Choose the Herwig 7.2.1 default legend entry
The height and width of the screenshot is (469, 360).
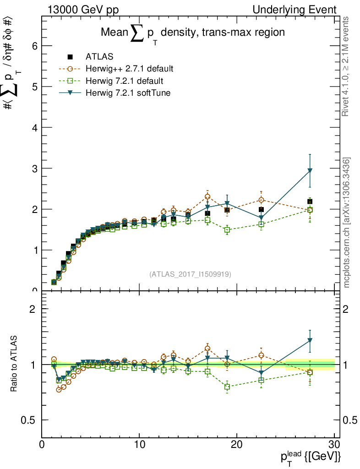tap(124, 81)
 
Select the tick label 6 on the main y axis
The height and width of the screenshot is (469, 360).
tap(34, 46)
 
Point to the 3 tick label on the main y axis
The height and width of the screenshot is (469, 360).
tap(34, 168)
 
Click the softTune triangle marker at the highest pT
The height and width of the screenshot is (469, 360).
tap(310, 171)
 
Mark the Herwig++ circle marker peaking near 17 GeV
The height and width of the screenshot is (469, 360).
tap(207, 196)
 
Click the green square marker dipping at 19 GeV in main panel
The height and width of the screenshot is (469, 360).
tap(227, 230)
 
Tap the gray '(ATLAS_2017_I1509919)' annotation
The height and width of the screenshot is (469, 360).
tap(190, 274)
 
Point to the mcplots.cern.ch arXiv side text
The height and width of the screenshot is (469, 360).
tap(347, 223)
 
